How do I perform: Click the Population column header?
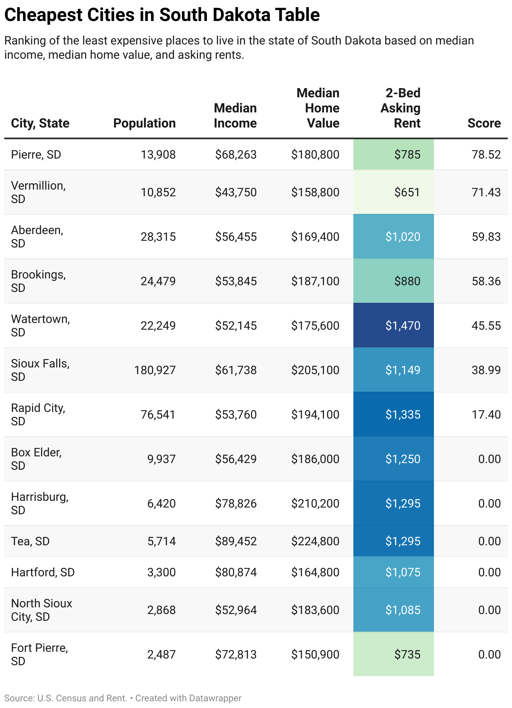[x=144, y=123]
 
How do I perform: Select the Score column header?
[x=484, y=123]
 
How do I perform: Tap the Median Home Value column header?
[x=318, y=108]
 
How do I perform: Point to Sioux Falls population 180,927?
[x=155, y=370]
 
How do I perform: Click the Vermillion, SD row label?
[x=38, y=192]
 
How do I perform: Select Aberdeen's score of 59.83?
[x=486, y=237]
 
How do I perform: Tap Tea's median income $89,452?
[x=236, y=541]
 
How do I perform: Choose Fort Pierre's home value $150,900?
[x=315, y=655]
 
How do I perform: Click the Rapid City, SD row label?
[x=38, y=414]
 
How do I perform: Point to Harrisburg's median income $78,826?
[x=236, y=504]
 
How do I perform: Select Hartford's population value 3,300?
[x=161, y=573]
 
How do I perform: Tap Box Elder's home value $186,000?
[x=315, y=459]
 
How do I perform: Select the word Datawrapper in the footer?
[x=215, y=698]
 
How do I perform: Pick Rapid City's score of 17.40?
[x=486, y=415]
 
